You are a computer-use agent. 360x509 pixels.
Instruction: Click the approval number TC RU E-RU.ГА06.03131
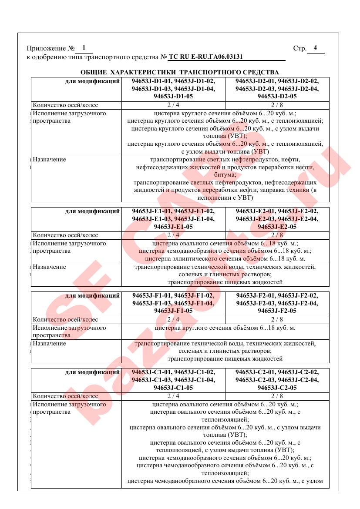point(205,57)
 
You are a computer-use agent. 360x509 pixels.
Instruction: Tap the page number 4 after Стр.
point(315,48)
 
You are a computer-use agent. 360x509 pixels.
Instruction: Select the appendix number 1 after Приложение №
point(84,48)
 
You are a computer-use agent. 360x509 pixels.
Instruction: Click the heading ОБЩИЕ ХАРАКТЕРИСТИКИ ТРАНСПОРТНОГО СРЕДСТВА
point(180,72)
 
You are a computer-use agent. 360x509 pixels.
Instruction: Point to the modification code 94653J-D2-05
point(277,97)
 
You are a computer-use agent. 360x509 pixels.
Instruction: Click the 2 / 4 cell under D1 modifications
point(173,105)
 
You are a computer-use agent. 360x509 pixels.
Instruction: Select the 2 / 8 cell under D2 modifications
point(277,105)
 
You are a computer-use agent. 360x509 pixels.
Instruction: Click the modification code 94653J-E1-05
point(173,227)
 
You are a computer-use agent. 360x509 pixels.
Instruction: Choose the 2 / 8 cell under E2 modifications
point(277,235)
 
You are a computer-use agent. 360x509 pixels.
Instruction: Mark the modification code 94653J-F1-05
point(173,311)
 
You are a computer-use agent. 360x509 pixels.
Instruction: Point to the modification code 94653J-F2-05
point(277,311)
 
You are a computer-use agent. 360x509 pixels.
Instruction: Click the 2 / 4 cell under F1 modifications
point(173,320)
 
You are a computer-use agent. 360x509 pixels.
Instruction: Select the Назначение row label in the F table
point(50,344)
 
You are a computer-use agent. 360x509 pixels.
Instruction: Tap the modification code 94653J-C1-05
point(173,388)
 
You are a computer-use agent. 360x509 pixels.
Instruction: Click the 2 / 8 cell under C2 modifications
point(277,396)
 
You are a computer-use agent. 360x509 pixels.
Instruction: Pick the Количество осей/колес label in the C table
point(66,396)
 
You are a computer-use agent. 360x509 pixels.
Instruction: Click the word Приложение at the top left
point(44,48)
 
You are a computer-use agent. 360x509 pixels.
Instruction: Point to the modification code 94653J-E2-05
point(277,227)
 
